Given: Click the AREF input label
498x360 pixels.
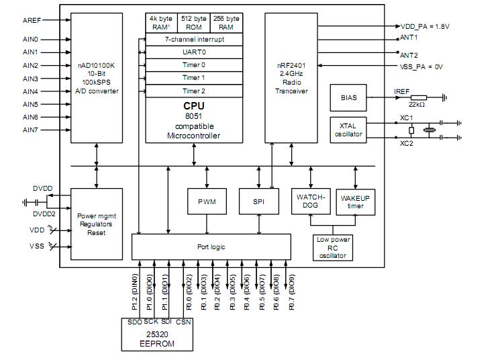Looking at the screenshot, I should point(31,20).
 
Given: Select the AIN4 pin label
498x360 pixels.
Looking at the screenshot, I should point(31,91).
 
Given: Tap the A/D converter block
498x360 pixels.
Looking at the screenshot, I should point(97,78).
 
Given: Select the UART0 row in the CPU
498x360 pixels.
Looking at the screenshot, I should point(194,52).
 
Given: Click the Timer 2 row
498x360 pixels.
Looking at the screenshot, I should point(194,91).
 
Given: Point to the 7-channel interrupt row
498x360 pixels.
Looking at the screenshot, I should point(194,40).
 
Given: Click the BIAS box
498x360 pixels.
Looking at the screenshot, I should point(349,97).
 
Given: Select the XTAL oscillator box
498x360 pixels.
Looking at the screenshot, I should point(349,129).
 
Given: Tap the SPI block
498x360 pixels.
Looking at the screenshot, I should point(258,201).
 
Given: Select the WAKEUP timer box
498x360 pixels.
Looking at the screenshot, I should point(355,201).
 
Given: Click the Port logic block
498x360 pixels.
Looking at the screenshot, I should point(211,246).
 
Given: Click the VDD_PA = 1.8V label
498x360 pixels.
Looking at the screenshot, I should point(426,26).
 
